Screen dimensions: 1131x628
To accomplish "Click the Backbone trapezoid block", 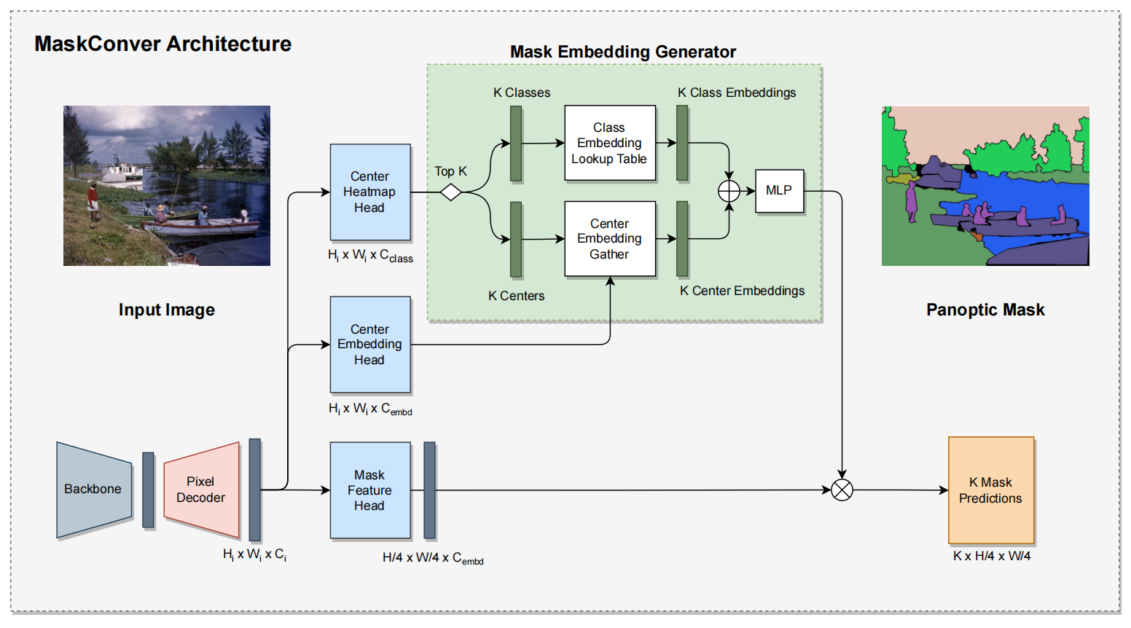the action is [x=94, y=489].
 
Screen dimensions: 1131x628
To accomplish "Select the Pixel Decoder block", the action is [x=201, y=489].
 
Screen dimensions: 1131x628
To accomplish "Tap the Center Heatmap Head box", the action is [x=370, y=192].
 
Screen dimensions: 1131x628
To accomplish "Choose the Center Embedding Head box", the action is [x=370, y=345].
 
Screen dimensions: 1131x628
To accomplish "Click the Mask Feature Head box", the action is [x=370, y=490].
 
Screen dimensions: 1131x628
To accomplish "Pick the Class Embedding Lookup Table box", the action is [x=610, y=143].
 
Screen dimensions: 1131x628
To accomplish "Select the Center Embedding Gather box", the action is [x=610, y=239].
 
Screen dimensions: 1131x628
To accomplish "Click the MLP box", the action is [x=780, y=191].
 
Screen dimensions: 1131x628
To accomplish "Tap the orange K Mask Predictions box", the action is [x=991, y=490].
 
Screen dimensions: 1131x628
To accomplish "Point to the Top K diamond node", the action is [x=451, y=192].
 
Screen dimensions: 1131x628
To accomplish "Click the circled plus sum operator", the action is [x=729, y=192].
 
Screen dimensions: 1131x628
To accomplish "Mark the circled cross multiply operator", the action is [x=842, y=490].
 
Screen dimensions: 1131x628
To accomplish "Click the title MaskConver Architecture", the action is [x=163, y=44].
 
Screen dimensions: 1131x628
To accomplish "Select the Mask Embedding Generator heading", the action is [x=623, y=52].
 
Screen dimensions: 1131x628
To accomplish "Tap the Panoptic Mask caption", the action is [x=985, y=310].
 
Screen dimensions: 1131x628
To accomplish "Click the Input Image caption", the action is [x=167, y=310].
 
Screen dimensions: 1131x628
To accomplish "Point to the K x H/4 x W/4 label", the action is [x=992, y=556].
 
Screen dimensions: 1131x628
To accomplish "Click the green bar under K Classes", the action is [x=516, y=143].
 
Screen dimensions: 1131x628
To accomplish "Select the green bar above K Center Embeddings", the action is [x=682, y=239].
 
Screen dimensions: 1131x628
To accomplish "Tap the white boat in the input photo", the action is [x=122, y=171].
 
